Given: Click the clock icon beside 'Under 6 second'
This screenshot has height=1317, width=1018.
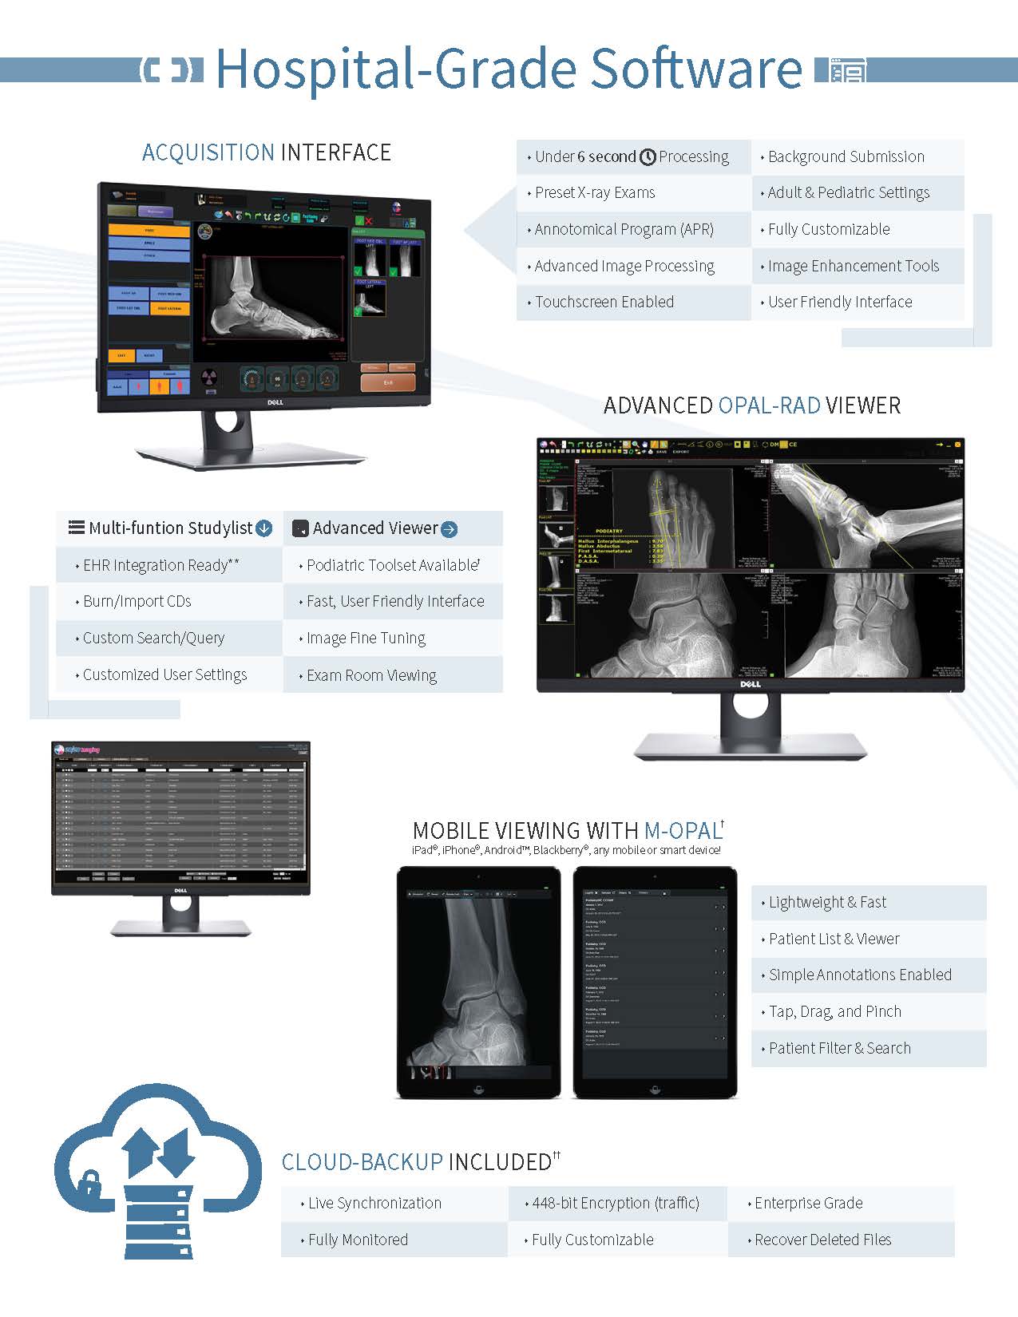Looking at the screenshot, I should click(x=648, y=157).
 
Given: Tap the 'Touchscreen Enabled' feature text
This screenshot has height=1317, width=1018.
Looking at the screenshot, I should click(x=604, y=302).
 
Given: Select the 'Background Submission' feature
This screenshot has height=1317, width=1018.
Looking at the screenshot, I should click(x=846, y=156).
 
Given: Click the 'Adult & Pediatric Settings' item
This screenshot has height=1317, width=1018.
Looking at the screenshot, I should click(x=849, y=192).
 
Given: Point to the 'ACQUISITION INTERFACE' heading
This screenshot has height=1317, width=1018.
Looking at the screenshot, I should click(x=267, y=152).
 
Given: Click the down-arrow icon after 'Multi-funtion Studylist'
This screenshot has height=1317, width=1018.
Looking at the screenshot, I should click(x=263, y=528).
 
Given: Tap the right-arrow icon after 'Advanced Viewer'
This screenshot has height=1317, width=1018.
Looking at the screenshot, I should click(x=450, y=529).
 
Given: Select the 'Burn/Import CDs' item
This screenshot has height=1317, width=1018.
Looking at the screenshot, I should click(x=137, y=601).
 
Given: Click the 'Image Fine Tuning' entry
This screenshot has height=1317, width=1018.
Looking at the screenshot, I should click(x=366, y=638).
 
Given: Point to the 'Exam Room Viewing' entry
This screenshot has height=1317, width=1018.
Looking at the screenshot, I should click(x=371, y=675).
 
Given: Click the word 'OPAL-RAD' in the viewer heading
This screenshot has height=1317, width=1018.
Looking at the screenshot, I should click(x=769, y=405).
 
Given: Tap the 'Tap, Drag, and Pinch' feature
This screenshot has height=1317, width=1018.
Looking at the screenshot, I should click(x=834, y=1011).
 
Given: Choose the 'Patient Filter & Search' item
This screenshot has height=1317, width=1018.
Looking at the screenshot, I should click(x=839, y=1048).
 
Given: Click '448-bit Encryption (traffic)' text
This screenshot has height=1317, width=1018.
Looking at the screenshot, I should click(x=615, y=1203).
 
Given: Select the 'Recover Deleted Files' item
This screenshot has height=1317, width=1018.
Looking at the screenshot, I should click(x=822, y=1240).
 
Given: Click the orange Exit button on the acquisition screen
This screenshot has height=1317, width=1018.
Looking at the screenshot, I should click(x=387, y=382).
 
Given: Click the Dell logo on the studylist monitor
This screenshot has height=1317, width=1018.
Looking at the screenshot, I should click(x=180, y=890).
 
